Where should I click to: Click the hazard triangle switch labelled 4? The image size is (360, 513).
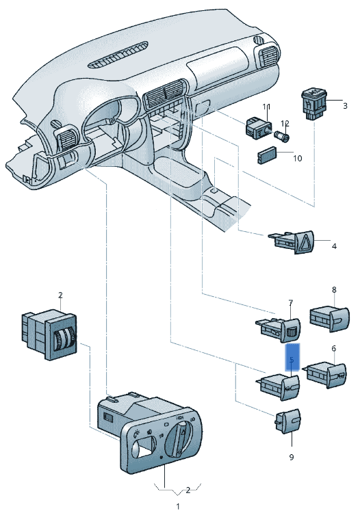[292, 242]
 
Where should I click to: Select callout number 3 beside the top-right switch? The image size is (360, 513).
[345, 105]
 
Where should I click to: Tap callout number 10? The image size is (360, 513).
[297, 159]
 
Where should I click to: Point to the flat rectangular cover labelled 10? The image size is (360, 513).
[267, 157]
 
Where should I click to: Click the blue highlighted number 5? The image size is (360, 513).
[292, 360]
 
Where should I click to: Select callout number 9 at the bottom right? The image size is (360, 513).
[292, 457]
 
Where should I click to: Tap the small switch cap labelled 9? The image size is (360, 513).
[287, 421]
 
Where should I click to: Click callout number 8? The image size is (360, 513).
[334, 290]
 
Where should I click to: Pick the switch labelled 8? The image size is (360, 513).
[330, 319]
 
